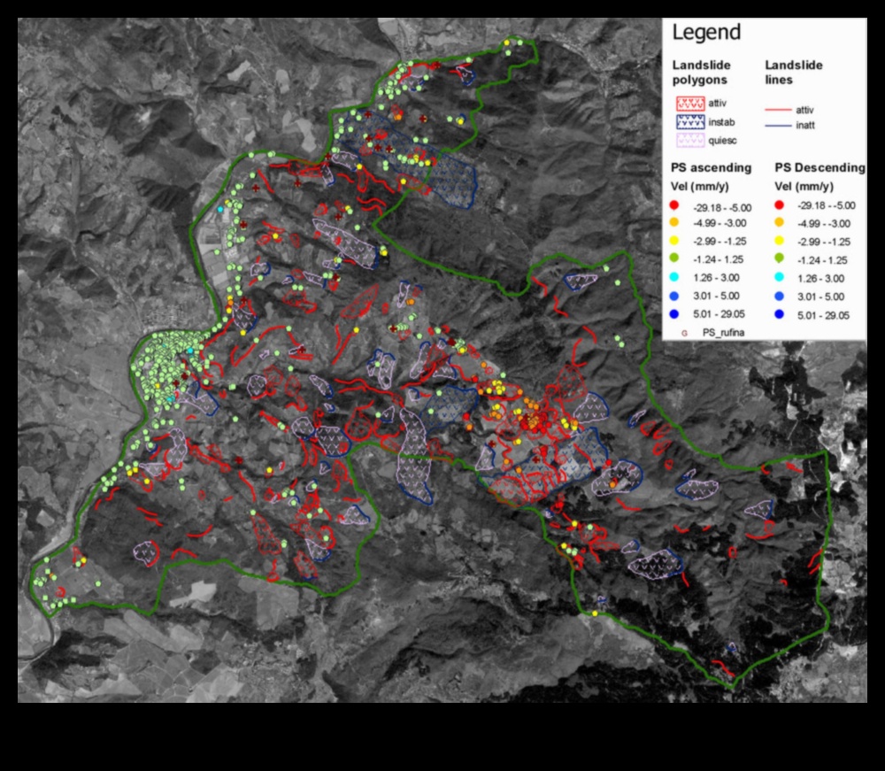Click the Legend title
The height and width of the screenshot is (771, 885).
706,34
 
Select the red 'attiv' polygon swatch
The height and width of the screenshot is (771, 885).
694,104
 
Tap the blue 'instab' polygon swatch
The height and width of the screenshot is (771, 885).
694,122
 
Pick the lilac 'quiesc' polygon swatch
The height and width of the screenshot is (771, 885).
694,141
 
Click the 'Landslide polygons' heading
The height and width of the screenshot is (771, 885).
701,72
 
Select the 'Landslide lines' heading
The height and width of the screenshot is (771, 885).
793,72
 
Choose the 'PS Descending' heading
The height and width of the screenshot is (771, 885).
820,167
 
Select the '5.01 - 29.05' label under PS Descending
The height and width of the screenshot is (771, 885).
824,314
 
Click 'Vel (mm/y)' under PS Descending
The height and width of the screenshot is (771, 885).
803,187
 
